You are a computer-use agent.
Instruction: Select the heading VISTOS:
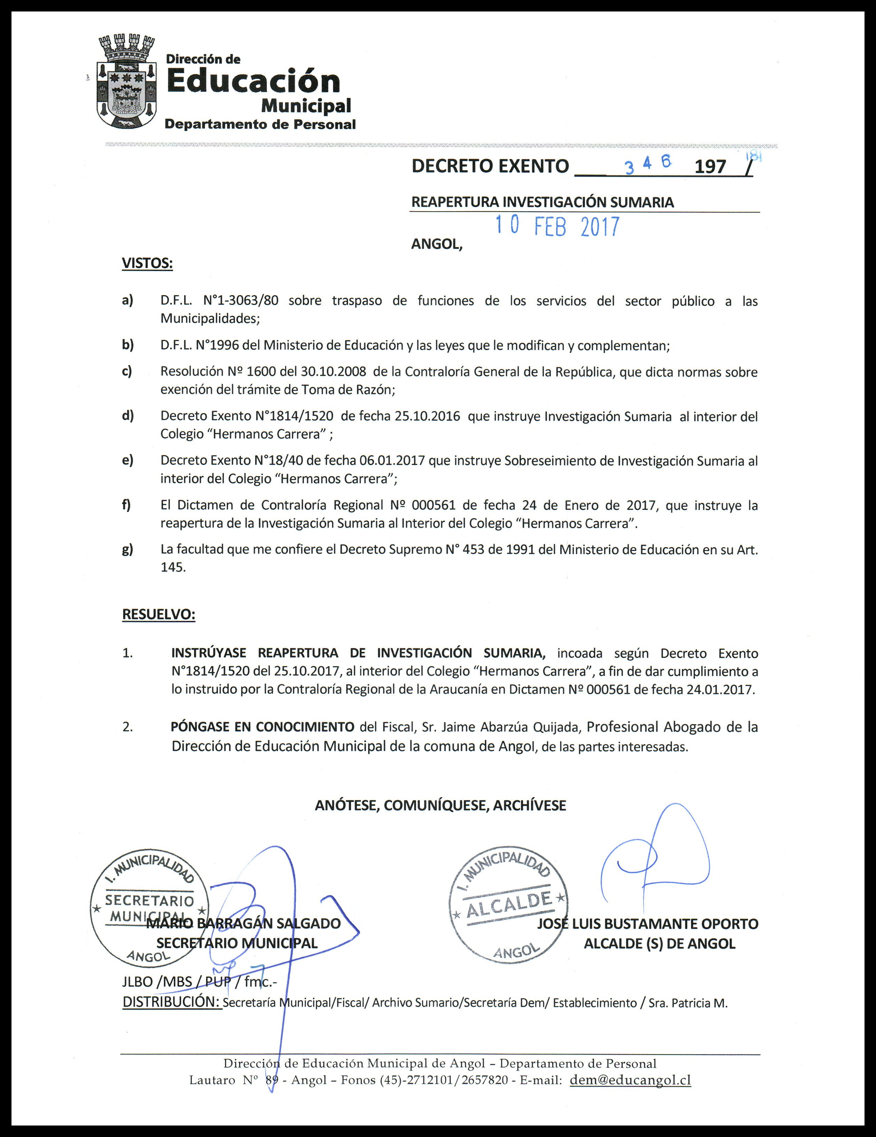147,263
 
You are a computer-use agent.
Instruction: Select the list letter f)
126,505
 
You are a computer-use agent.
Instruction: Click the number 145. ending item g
173,568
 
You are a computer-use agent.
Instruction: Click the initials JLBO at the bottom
138,982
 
